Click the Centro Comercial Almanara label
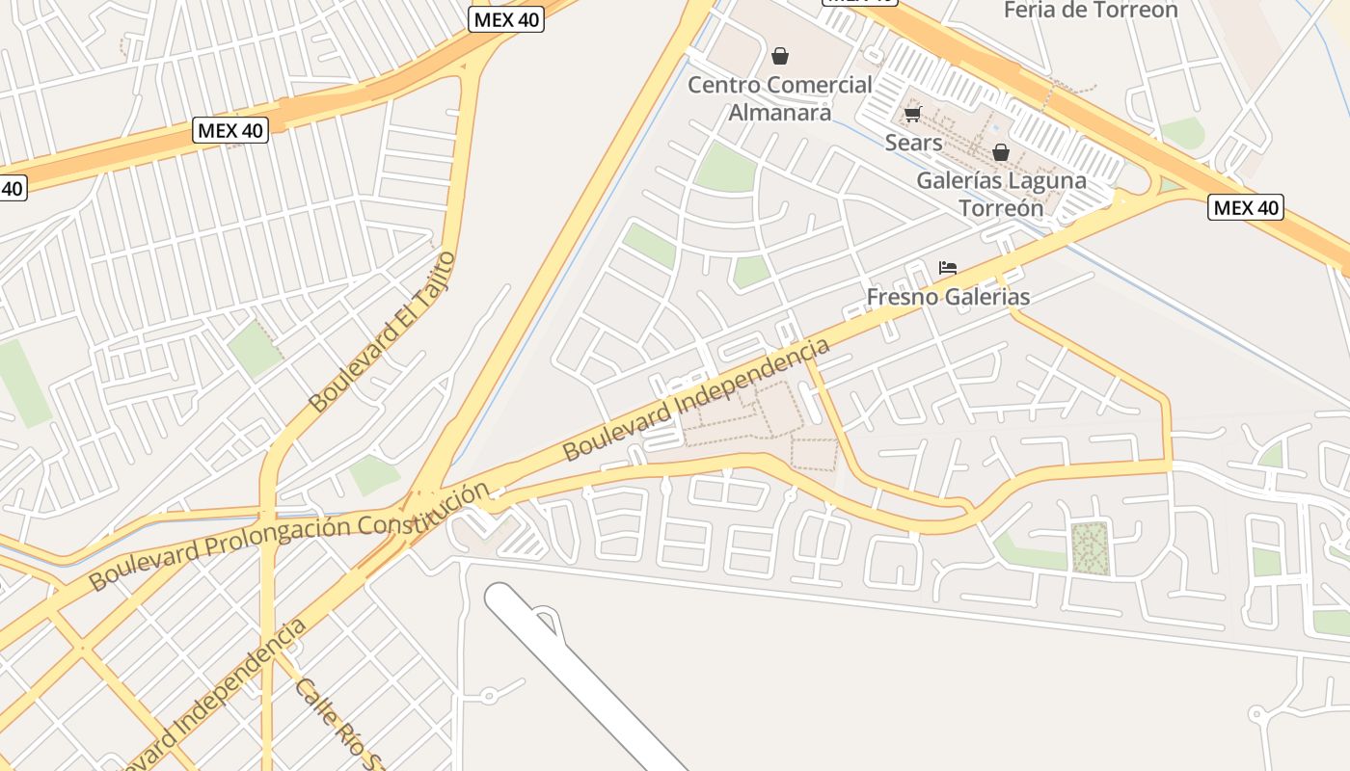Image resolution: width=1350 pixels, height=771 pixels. (x=779, y=98)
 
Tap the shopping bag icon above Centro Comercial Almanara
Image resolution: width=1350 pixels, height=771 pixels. (x=780, y=56)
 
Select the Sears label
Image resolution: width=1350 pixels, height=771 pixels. (x=913, y=143)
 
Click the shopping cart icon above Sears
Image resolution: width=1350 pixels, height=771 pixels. (x=912, y=114)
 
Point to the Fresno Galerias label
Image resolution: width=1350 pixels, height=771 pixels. (x=948, y=297)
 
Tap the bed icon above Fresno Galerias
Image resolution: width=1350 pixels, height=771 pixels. (x=948, y=268)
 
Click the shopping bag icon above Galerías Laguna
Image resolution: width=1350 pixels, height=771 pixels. (x=1001, y=152)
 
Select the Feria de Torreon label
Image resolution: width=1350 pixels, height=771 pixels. (x=1091, y=11)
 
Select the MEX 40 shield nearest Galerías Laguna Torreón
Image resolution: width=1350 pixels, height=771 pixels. (x=1246, y=207)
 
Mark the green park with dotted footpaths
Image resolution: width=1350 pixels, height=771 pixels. (x=1091, y=548)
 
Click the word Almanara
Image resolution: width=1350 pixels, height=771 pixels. (x=779, y=113)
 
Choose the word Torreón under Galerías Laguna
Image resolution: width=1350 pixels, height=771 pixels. (x=1001, y=208)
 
